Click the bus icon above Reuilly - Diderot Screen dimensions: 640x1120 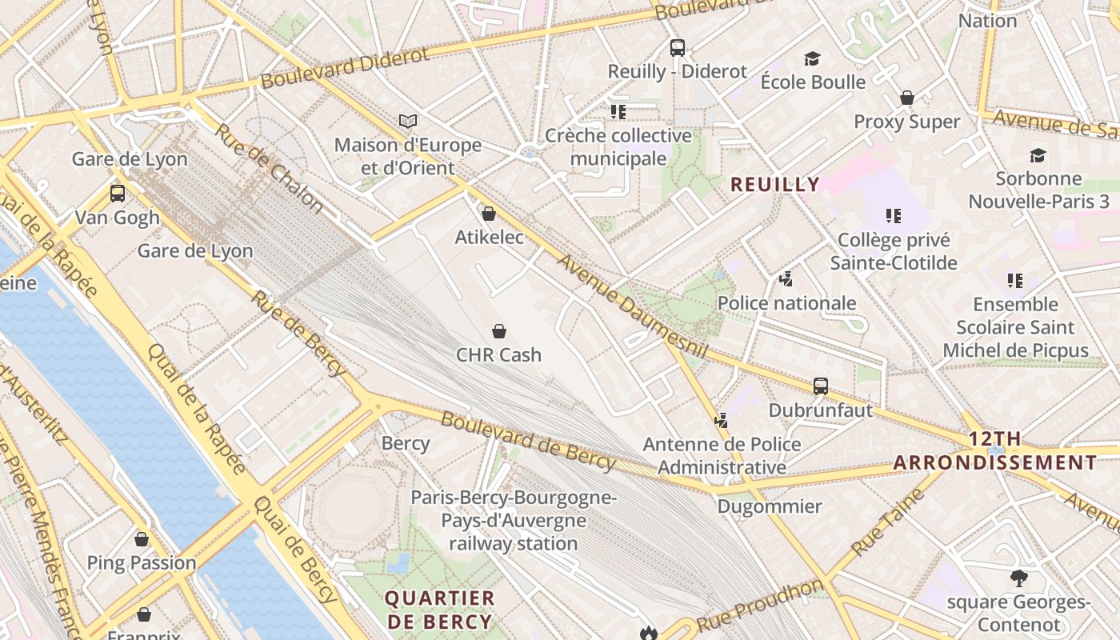point(678,48)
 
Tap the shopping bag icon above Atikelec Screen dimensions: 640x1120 point(489,214)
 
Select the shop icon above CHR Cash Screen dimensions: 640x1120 point(499,331)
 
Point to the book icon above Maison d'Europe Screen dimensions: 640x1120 point(408,122)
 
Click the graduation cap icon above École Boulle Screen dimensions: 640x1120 point(813,58)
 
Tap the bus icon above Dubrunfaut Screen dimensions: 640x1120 point(821,386)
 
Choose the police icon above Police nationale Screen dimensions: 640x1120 point(786,279)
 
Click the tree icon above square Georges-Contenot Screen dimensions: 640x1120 point(1019,578)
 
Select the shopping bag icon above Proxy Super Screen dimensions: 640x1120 point(907,98)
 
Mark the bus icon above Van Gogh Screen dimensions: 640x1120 point(118,194)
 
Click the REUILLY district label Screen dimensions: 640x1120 point(775,185)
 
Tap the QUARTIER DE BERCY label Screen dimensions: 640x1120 point(439,610)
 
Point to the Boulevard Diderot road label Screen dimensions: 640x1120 point(345,68)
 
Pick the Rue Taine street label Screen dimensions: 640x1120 point(888,522)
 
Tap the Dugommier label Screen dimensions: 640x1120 point(769,506)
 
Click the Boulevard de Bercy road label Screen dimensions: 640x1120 point(529,441)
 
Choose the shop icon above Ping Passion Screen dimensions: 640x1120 point(142,540)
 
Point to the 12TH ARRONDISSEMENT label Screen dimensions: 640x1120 point(994,451)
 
